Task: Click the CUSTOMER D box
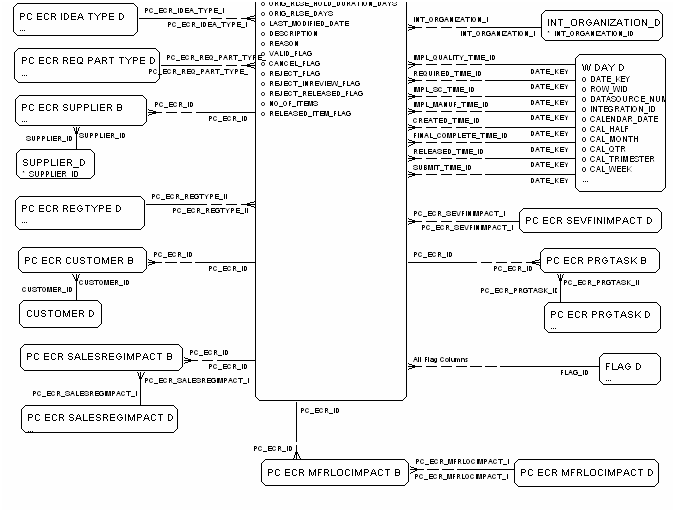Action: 61,313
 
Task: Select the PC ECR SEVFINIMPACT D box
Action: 588,220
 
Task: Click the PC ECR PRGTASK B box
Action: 601,261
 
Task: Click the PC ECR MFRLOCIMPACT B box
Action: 335,472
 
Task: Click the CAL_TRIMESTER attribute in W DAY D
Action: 620,159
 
